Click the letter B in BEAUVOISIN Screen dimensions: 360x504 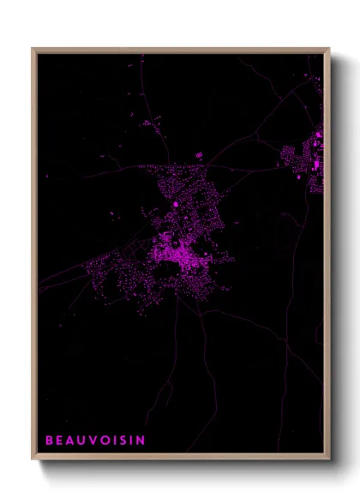click(49, 441)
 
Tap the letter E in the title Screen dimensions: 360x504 click(59, 441)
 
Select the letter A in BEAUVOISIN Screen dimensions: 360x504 click(70, 441)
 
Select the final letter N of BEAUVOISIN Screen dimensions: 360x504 click(141, 441)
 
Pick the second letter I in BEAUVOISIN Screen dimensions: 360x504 click(130, 441)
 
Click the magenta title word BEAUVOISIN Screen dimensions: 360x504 click(95, 441)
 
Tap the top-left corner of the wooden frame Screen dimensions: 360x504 click(33, 49)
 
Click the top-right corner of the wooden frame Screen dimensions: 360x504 click(329, 49)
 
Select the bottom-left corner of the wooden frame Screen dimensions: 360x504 click(33, 459)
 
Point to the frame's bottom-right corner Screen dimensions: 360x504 click(329, 459)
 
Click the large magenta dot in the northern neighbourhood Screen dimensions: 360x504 click(176, 204)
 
